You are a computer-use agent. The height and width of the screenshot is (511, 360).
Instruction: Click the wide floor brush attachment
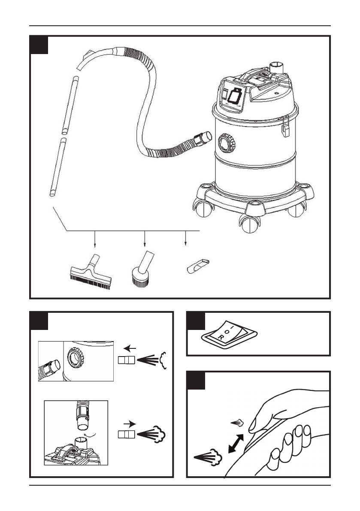[91, 272]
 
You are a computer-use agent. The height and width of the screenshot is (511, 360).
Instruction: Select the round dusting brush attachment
[142, 270]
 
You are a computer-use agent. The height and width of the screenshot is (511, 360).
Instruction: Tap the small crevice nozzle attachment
[198, 266]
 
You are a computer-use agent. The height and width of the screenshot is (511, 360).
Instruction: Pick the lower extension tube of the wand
[58, 167]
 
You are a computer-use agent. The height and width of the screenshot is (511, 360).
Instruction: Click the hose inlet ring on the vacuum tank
[227, 143]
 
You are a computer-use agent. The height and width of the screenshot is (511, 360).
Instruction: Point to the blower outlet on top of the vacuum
[277, 68]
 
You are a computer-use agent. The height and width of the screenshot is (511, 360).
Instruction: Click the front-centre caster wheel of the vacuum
[250, 224]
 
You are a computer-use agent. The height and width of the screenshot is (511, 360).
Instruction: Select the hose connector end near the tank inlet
[203, 138]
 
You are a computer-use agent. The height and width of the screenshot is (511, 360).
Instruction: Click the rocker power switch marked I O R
[230, 334]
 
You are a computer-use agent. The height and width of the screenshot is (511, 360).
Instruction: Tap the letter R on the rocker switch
[221, 338]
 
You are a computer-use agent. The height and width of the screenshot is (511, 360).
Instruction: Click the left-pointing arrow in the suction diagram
[130, 349]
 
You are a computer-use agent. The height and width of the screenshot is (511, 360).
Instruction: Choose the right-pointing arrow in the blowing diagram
[130, 424]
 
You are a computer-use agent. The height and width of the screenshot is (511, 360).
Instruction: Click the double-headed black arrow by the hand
[236, 444]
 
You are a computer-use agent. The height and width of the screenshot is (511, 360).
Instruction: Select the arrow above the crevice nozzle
[185, 238]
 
